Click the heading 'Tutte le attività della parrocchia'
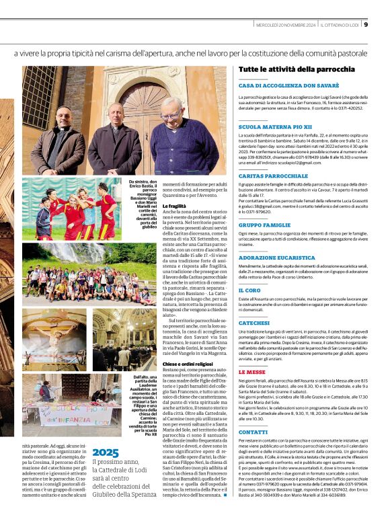[x=297, y=69]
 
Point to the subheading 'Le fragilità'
[x=174, y=206]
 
